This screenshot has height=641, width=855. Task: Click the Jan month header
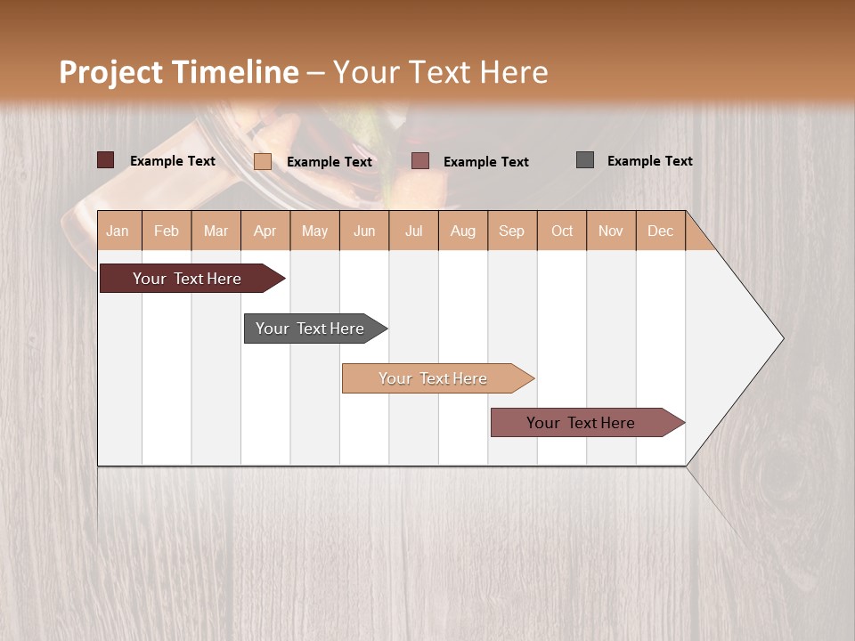pyautogui.click(x=118, y=231)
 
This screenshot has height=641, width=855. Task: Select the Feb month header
pyautogui.click(x=167, y=231)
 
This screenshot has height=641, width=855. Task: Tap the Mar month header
pyautogui.click(x=216, y=231)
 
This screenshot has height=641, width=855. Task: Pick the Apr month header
pyautogui.click(x=265, y=231)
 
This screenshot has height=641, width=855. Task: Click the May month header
pyautogui.click(x=314, y=231)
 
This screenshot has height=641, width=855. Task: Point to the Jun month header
pyautogui.click(x=364, y=231)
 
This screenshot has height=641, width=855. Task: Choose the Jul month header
pyautogui.click(x=413, y=231)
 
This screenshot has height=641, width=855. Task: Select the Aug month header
pyautogui.click(x=463, y=231)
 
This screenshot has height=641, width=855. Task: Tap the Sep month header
pyautogui.click(x=512, y=231)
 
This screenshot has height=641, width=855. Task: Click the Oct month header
pyautogui.click(x=562, y=231)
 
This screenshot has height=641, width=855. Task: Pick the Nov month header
pyautogui.click(x=611, y=231)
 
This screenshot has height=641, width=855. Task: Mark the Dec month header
pyautogui.click(x=660, y=231)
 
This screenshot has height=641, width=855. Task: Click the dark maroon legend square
pyautogui.click(x=105, y=160)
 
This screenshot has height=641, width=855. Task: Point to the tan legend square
pyautogui.click(x=262, y=161)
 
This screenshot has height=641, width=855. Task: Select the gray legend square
pyautogui.click(x=584, y=160)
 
